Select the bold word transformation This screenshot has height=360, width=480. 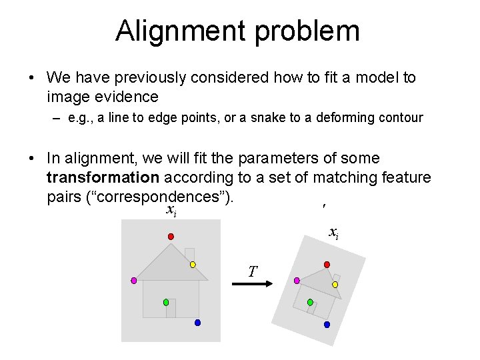tap(103, 177)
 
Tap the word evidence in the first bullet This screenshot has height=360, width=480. tap(125, 97)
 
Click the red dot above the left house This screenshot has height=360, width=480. tap(171, 237)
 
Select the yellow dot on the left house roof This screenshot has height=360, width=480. tap(193, 265)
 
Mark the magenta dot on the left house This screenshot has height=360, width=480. tap(133, 281)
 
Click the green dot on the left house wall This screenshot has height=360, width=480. tap(166, 302)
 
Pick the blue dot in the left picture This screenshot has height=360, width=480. tap(197, 323)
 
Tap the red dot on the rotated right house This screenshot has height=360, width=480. tap(327, 265)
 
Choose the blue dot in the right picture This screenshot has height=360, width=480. tap(327, 325)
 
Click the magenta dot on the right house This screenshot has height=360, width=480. tap(297, 281)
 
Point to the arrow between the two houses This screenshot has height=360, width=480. tap(250, 284)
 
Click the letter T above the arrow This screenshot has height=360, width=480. tap(252, 271)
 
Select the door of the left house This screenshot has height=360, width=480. tap(171, 308)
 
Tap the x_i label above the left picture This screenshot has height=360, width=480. tap(171, 211)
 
